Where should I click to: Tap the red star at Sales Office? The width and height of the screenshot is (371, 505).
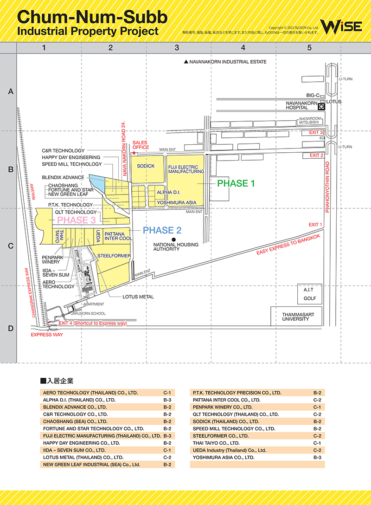tap(134, 153)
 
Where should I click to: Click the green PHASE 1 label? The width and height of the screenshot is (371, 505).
tap(236, 183)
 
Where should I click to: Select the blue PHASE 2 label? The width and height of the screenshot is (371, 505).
tap(162, 230)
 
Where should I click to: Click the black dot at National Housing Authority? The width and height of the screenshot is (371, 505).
tap(173, 240)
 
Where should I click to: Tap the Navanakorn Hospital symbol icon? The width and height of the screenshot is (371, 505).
tap(321, 106)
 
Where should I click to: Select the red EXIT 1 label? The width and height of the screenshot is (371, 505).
tap(315, 225)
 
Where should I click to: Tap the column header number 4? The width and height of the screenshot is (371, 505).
tap(243, 47)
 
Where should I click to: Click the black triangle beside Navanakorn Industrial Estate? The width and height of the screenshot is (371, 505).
tap(186, 62)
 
